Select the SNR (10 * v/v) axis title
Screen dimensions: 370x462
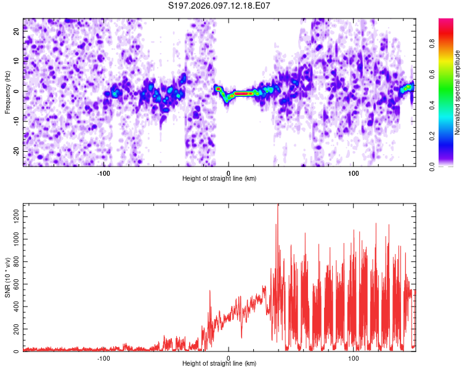click(x=7, y=277)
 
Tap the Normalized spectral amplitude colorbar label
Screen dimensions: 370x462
click(x=458, y=92)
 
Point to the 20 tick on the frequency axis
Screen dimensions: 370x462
click(x=17, y=31)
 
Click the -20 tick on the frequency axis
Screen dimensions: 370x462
click(x=15, y=151)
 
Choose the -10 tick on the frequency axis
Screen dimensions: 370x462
click(x=15, y=121)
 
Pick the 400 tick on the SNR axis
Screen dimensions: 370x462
click(x=15, y=306)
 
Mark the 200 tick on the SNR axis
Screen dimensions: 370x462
click(x=15, y=329)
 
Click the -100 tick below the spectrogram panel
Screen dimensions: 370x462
click(x=103, y=173)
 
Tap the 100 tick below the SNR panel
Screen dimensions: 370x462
click(x=354, y=358)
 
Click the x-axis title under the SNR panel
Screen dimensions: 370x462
click(x=219, y=364)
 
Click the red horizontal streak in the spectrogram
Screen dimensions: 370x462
click(x=241, y=94)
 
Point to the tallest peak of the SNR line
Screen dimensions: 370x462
click(x=278, y=205)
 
